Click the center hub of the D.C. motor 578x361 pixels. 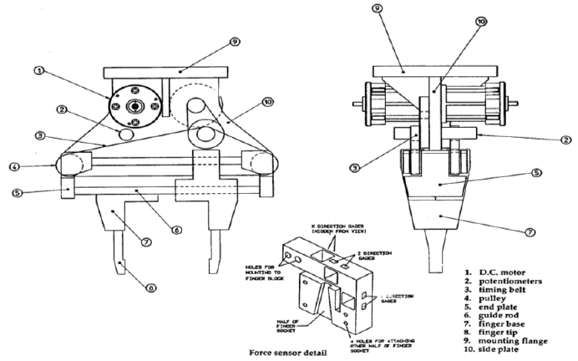134,106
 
